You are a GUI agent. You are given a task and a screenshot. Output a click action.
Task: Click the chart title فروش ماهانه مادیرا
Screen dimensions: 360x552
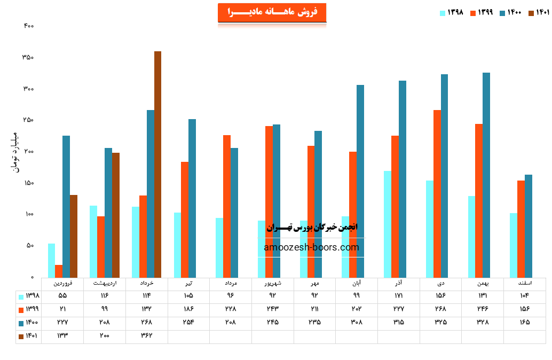pos(272,12)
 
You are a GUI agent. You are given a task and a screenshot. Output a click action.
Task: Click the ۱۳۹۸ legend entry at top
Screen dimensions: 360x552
pos(452,13)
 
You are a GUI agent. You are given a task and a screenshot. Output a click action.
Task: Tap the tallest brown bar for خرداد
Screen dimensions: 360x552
pos(157,164)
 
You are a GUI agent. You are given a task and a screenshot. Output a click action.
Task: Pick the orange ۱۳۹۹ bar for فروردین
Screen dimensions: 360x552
pos(59,271)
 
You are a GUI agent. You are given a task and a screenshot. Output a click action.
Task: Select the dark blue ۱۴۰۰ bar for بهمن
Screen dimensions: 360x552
pos(486,175)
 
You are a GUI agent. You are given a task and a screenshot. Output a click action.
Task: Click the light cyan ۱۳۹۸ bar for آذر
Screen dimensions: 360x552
pos(388,224)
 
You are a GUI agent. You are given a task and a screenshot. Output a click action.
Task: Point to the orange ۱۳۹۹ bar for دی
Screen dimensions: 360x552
pos(437,193)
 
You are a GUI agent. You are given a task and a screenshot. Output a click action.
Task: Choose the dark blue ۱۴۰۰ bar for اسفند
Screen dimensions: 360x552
pos(529,225)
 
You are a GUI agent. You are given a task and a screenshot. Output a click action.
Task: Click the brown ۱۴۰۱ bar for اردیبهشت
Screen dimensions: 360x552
pos(116,215)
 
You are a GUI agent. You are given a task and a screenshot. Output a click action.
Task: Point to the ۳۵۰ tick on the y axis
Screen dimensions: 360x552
pos(28,57)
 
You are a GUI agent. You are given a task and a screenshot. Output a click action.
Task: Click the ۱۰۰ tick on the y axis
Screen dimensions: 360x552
pos(28,215)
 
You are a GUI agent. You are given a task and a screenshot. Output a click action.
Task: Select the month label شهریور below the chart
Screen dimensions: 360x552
pos(272,283)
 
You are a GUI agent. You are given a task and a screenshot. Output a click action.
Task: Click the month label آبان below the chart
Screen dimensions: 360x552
pos(356,283)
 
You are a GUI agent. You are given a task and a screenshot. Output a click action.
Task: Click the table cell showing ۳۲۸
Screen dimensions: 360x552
pos(482,323)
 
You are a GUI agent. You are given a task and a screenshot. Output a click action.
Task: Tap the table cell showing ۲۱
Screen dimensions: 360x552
pos(62,309)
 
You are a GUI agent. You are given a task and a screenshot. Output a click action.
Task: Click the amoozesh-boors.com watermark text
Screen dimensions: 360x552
pos(311,247)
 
